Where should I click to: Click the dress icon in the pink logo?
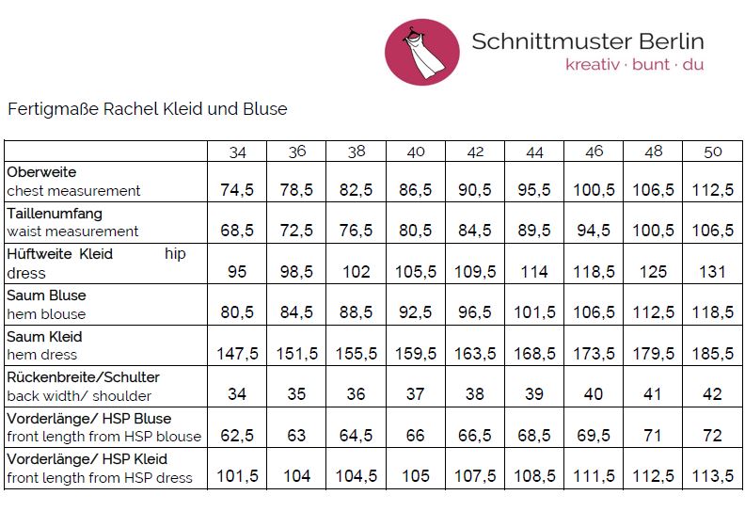pos(418,52)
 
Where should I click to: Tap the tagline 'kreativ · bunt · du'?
pos(634,65)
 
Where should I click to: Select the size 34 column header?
pos(237,152)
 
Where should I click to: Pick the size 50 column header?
pos(713,152)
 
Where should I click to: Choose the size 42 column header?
pos(475,152)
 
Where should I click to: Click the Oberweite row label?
pos(41,173)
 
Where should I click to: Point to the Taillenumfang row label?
pos(55,214)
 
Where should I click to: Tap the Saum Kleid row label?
pos(44,336)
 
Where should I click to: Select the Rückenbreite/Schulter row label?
pos(83,377)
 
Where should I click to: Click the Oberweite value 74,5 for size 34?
pos(237,190)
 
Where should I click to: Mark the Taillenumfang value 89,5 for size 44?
pos(534,231)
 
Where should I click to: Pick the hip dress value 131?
pos(713,272)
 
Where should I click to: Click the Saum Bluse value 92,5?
pos(415,313)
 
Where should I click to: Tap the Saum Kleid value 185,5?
pos(713,354)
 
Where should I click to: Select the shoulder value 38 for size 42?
pos(475,395)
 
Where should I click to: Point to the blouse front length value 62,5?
pos(237,437)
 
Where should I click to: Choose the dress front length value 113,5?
pos(713,477)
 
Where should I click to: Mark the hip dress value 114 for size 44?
pos(534,272)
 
